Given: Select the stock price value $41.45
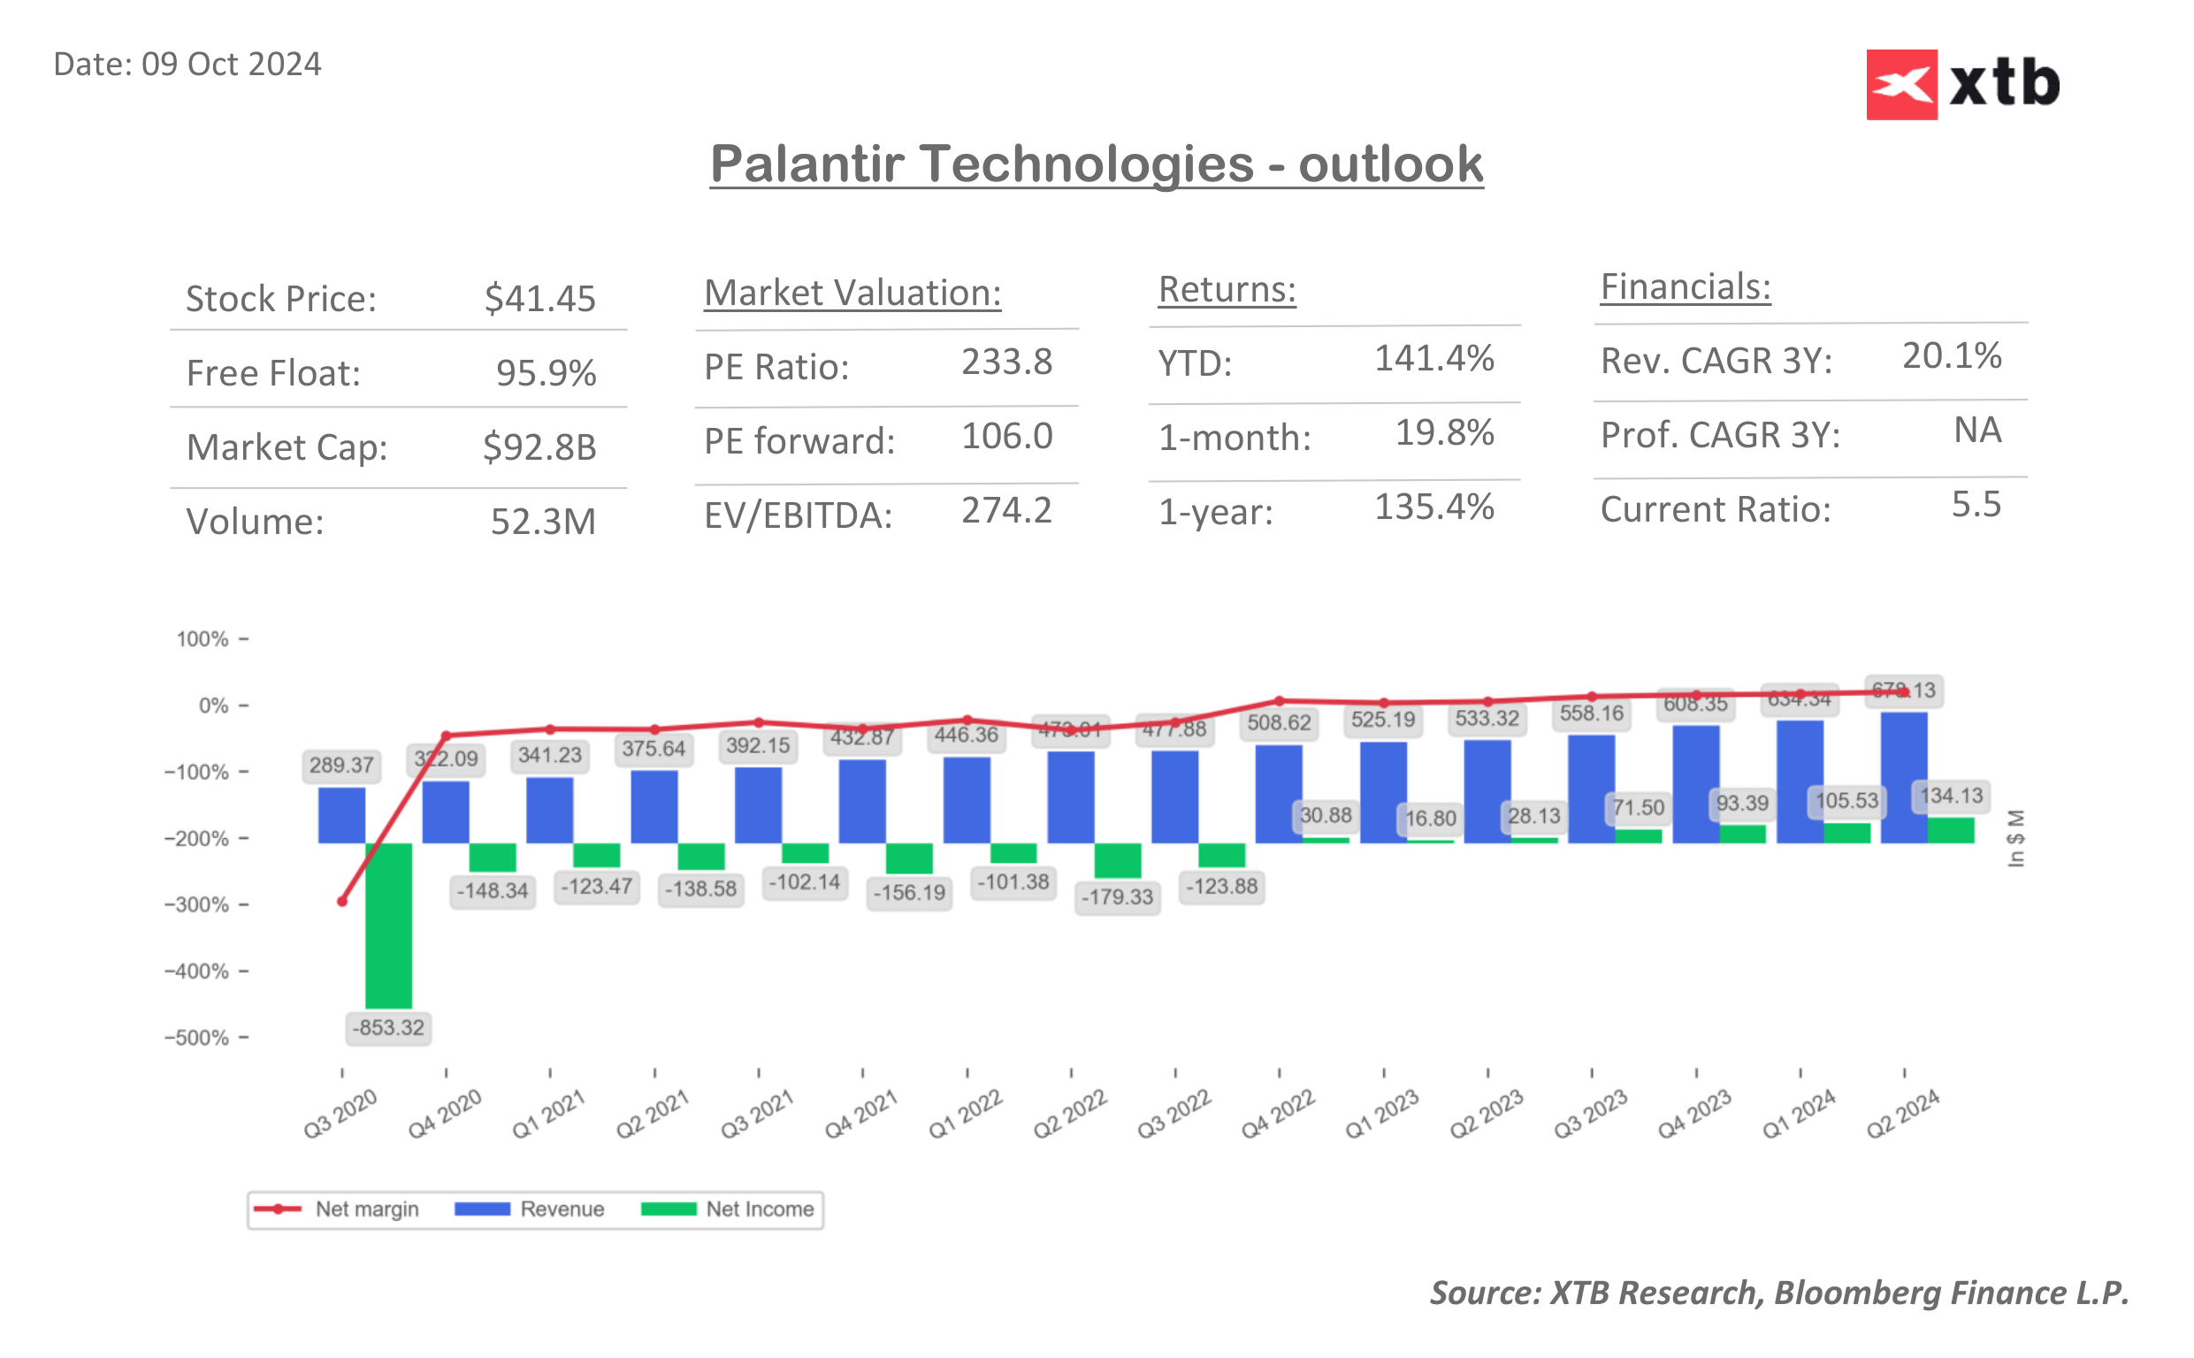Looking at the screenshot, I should point(539,298).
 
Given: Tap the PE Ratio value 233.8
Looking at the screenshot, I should point(1006,362).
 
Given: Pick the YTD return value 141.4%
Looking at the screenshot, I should point(1434,358).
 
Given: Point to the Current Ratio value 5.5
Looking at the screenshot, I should point(1976,505).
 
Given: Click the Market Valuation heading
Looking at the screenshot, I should point(852,293).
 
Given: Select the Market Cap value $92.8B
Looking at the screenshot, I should point(539,447).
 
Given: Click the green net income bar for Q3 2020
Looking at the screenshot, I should point(389,925).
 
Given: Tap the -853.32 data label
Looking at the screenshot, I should point(388,1027).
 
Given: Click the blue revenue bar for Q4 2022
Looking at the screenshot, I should point(1279,794).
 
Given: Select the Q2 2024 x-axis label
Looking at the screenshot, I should point(1902,1114).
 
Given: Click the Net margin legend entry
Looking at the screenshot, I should point(336,1209).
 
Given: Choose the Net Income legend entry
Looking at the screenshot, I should point(728,1209).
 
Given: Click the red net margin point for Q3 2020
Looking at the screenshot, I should point(342,901).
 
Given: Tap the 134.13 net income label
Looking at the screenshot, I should point(1951,796).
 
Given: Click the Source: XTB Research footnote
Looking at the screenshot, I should point(1779,1293).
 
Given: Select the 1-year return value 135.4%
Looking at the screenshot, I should point(1434,507).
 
